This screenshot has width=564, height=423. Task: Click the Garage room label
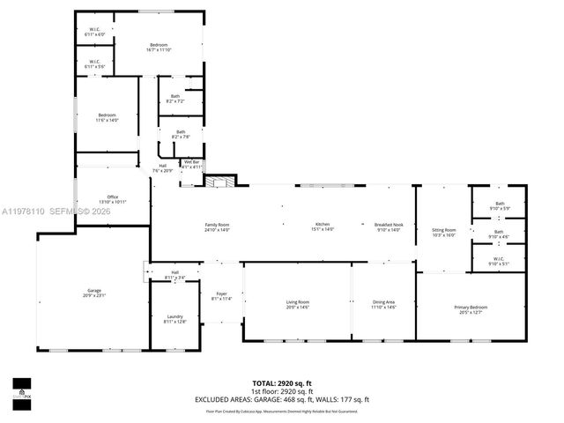95,292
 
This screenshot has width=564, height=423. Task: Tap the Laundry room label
174,319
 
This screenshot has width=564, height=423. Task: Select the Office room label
113,199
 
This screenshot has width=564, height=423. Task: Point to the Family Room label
217,227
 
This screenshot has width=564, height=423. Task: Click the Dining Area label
383,305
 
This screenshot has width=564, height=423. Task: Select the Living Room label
298,305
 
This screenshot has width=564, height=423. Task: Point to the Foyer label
219,296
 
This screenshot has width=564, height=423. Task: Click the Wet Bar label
192,164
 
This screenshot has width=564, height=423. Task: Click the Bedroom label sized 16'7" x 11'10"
159,48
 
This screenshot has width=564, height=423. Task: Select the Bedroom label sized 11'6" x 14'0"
108,118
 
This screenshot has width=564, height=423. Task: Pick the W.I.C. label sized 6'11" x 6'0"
95,33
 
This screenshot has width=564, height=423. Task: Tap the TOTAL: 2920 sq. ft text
282,383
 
